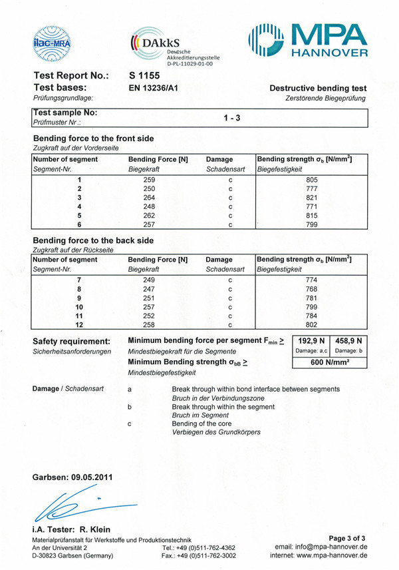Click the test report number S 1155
[142, 75]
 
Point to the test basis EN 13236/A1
[152, 87]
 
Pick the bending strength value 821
[312, 198]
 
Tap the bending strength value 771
[312, 207]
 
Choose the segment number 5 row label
[79, 216]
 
